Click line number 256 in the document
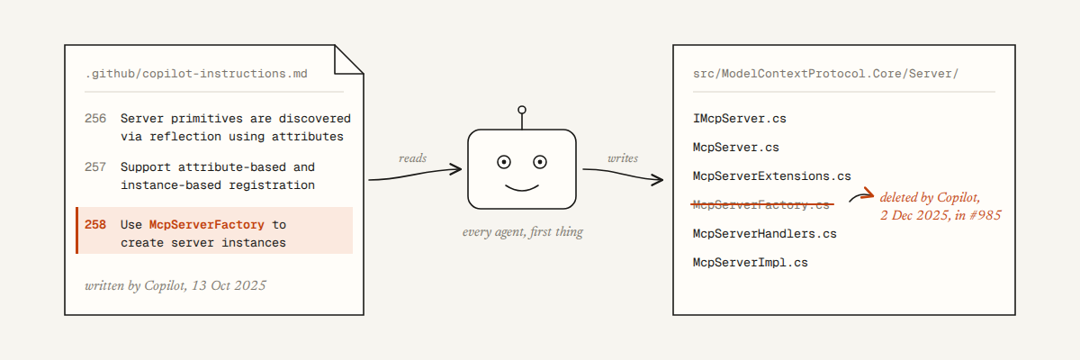(x=95, y=119)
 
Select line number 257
(x=95, y=167)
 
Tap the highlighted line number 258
(x=95, y=225)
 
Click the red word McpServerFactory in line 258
(x=207, y=225)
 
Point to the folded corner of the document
(x=349, y=59)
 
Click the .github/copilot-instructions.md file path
(x=196, y=74)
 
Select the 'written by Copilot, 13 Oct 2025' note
(x=175, y=285)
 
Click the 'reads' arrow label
(x=413, y=158)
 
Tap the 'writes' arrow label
(x=623, y=158)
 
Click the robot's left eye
(x=504, y=162)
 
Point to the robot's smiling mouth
(x=522, y=187)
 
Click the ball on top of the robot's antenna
(x=522, y=110)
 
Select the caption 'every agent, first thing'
(x=523, y=232)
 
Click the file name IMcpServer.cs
(x=740, y=119)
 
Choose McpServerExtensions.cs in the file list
(x=772, y=176)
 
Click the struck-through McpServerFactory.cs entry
(x=761, y=205)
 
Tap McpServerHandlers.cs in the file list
(x=765, y=234)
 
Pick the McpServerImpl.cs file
(x=751, y=263)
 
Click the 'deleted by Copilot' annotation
(x=940, y=206)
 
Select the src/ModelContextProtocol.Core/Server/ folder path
(x=825, y=74)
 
